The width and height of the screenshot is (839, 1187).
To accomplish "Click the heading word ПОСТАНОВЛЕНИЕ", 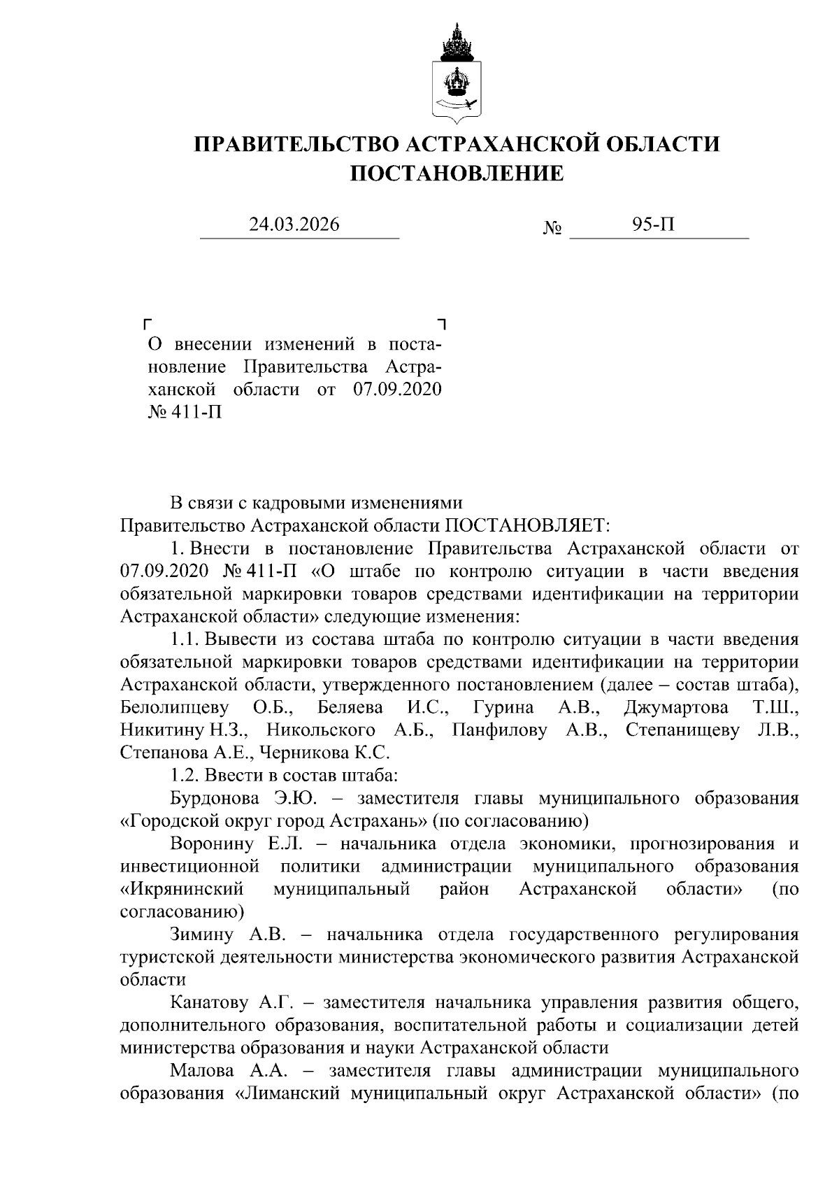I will coord(457,172).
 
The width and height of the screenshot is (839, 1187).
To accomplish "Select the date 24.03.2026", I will coord(294,225).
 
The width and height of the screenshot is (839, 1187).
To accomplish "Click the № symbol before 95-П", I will coord(552,228).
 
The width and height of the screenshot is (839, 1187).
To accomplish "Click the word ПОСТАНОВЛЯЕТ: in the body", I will coord(528,525).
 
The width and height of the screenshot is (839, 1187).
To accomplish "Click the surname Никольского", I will coord(322,730).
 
